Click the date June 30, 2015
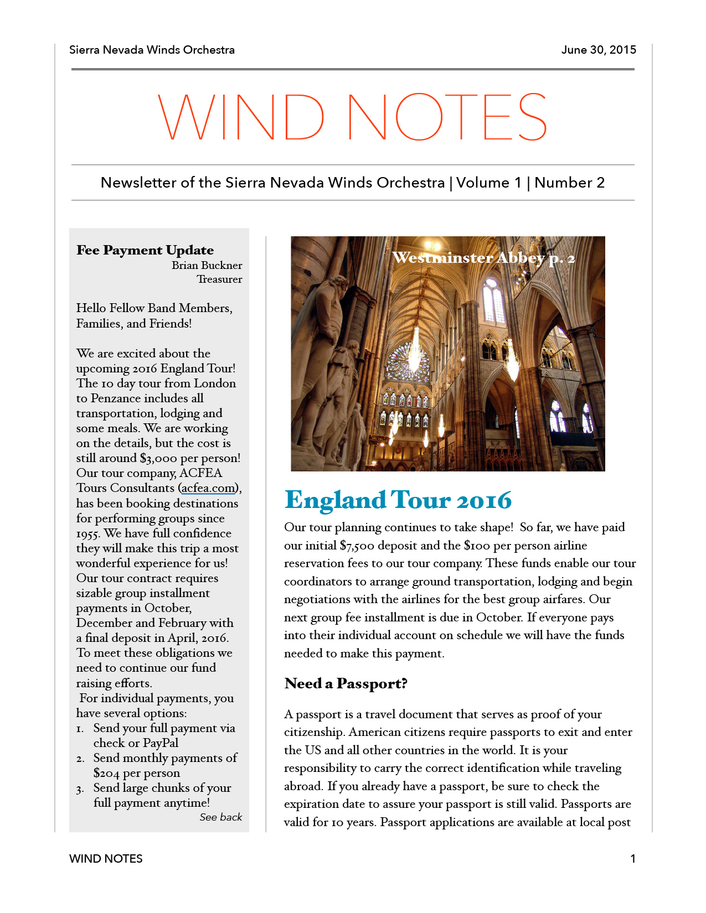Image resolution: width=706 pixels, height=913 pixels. (x=599, y=50)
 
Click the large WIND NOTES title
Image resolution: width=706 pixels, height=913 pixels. (x=353, y=117)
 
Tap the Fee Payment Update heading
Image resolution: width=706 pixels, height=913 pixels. (x=145, y=250)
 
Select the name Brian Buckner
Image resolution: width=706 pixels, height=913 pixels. (x=207, y=265)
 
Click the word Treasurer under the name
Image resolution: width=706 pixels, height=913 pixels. (x=219, y=279)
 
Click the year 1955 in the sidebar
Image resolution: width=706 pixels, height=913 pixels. (x=87, y=534)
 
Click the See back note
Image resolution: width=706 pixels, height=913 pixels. (x=220, y=817)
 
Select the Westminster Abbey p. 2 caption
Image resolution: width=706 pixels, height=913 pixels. (x=483, y=258)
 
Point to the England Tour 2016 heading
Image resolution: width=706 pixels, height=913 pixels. (x=398, y=500)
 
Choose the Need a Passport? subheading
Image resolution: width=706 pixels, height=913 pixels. (x=346, y=683)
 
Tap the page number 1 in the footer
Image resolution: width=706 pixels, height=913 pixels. (x=632, y=859)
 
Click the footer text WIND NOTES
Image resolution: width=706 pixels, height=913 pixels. (x=106, y=859)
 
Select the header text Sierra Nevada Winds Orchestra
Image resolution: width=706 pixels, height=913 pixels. (x=152, y=50)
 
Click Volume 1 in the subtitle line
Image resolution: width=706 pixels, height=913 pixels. (x=489, y=183)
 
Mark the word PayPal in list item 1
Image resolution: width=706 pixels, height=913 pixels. (x=161, y=743)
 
